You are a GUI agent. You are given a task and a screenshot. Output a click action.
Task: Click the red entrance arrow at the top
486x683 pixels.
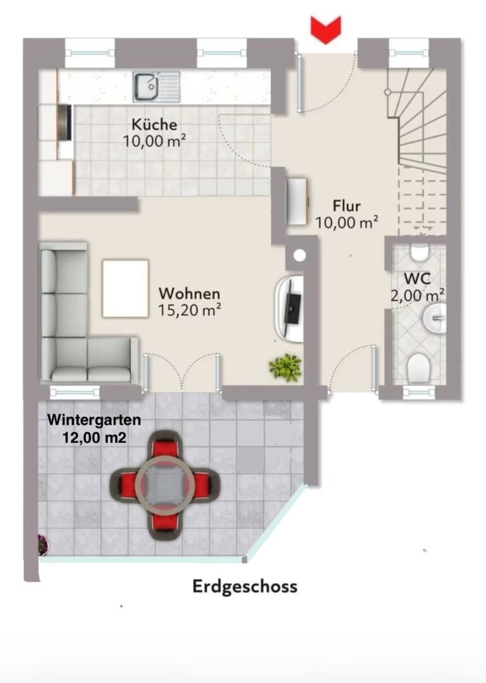pyautogui.click(x=325, y=30)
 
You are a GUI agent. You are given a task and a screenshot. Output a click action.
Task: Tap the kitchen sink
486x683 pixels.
pyautogui.click(x=156, y=87)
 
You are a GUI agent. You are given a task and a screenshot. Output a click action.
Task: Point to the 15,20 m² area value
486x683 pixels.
pyautogui.click(x=190, y=310)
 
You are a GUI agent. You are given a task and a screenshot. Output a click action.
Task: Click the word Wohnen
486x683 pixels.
pyautogui.click(x=190, y=293)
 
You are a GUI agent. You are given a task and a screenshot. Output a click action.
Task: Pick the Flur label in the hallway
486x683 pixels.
pyautogui.click(x=346, y=206)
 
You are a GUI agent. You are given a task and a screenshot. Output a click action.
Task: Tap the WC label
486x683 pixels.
pyautogui.click(x=417, y=278)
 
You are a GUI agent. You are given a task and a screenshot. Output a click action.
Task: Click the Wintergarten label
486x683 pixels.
pyautogui.click(x=94, y=420)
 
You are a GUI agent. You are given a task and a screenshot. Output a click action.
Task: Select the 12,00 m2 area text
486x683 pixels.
pyautogui.click(x=95, y=438)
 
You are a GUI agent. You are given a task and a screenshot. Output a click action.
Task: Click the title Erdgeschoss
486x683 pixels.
pyautogui.click(x=245, y=587)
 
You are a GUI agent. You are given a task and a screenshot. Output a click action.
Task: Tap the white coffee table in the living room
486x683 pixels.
pyautogui.click(x=125, y=289)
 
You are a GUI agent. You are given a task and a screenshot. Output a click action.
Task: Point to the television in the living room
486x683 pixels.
pyautogui.click(x=291, y=309)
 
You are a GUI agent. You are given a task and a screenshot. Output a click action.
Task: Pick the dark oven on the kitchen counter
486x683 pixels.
pyautogui.click(x=65, y=123)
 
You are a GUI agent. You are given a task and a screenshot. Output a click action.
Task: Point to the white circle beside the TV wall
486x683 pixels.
pyautogui.click(x=300, y=255)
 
